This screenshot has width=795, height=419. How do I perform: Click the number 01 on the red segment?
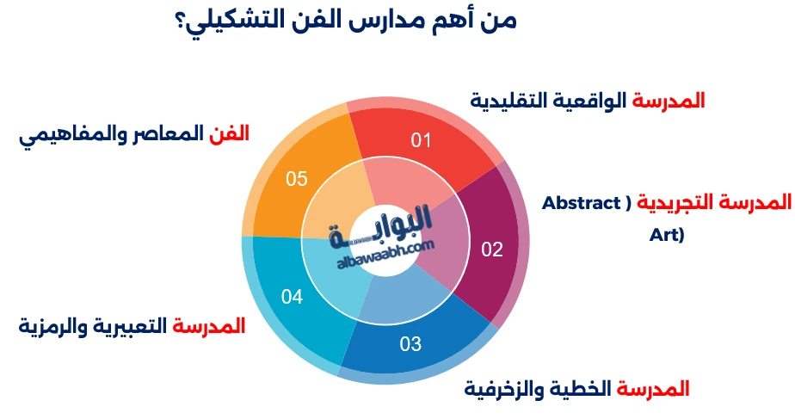(420, 139)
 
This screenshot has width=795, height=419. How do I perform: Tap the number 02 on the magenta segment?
(491, 250)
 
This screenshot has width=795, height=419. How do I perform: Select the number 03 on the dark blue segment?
(410, 344)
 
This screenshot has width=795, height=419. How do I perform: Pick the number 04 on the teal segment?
(293, 297)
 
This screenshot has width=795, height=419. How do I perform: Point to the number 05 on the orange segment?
(297, 178)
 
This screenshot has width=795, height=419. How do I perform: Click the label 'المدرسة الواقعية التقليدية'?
(588, 101)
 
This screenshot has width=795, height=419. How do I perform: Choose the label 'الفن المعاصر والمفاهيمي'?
(134, 134)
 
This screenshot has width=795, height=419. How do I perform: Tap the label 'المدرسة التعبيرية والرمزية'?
(132, 327)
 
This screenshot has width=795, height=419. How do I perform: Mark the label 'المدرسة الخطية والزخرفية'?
(577, 389)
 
